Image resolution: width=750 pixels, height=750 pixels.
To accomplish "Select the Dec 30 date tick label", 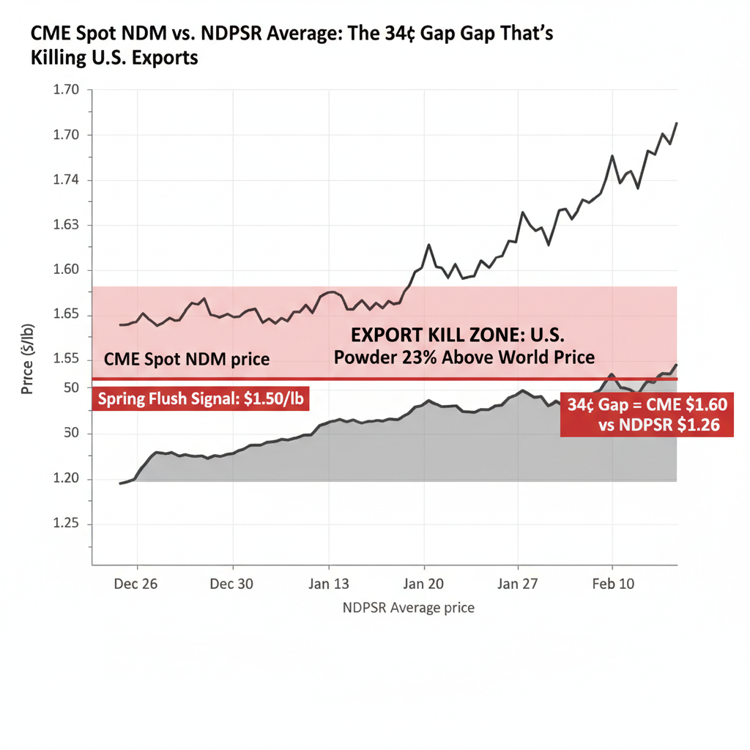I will click(232, 584).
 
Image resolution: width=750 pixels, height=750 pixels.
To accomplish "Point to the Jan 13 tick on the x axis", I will click(328, 584).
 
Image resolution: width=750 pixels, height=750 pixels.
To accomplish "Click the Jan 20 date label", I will click(423, 584).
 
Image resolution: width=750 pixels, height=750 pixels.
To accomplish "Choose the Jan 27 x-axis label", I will click(518, 584).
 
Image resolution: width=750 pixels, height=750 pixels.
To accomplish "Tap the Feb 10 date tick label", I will click(612, 584).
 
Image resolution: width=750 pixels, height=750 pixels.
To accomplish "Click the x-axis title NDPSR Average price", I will click(408, 608).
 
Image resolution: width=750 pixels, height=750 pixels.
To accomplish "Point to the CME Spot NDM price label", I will click(187, 360).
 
